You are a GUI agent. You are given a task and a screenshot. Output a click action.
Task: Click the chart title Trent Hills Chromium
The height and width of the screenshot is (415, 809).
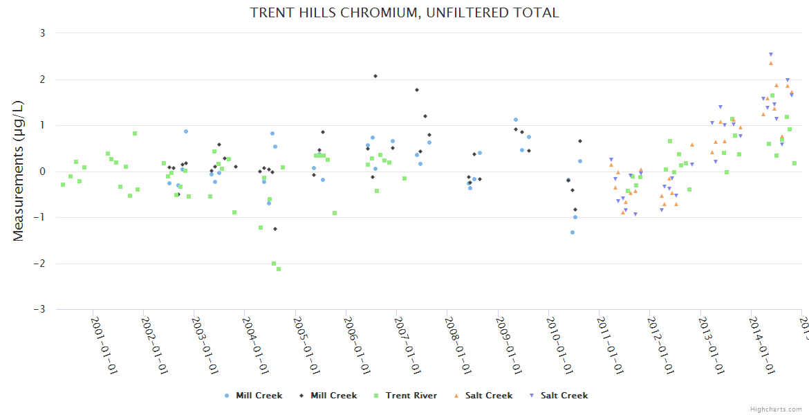pos(404,13)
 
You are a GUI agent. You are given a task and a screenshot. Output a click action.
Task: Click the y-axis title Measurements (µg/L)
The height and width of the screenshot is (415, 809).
pos(19,171)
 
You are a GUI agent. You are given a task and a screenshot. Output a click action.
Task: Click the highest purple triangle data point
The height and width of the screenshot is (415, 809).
pos(771,55)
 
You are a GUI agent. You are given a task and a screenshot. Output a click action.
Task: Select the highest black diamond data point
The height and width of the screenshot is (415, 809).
pos(375,76)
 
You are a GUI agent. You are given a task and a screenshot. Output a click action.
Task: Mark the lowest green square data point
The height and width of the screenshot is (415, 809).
pos(279,269)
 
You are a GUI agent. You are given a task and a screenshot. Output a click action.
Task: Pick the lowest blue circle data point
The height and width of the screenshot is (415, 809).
pos(573,232)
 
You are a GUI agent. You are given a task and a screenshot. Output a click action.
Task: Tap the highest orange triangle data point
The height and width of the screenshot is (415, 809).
pos(771,63)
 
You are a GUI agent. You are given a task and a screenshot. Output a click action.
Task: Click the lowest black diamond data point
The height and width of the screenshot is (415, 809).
pos(275,229)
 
